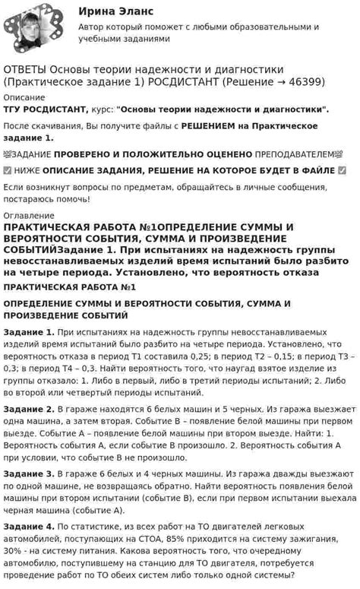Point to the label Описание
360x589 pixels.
[24, 97]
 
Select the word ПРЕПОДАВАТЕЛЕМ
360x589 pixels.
[296, 153]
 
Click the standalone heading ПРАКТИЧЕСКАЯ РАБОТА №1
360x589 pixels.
[69, 287]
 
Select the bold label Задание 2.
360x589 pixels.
[29, 409]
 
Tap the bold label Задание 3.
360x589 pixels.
[29, 473]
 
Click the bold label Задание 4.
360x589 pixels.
[29, 526]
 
